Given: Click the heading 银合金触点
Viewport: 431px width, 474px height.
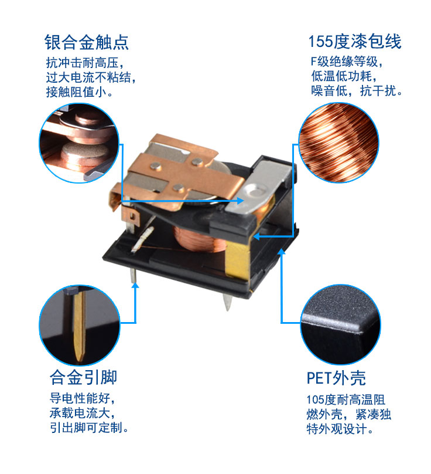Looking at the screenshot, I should (x=87, y=42).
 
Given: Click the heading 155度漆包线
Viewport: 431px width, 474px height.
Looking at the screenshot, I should (x=355, y=42).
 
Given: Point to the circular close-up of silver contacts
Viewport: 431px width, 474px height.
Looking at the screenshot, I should (x=78, y=144).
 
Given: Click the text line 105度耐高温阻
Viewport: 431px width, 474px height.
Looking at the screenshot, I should (x=346, y=400).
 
